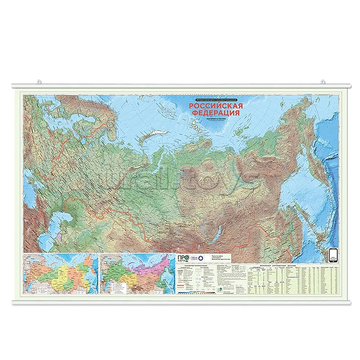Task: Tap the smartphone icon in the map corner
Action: (x=332, y=255)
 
